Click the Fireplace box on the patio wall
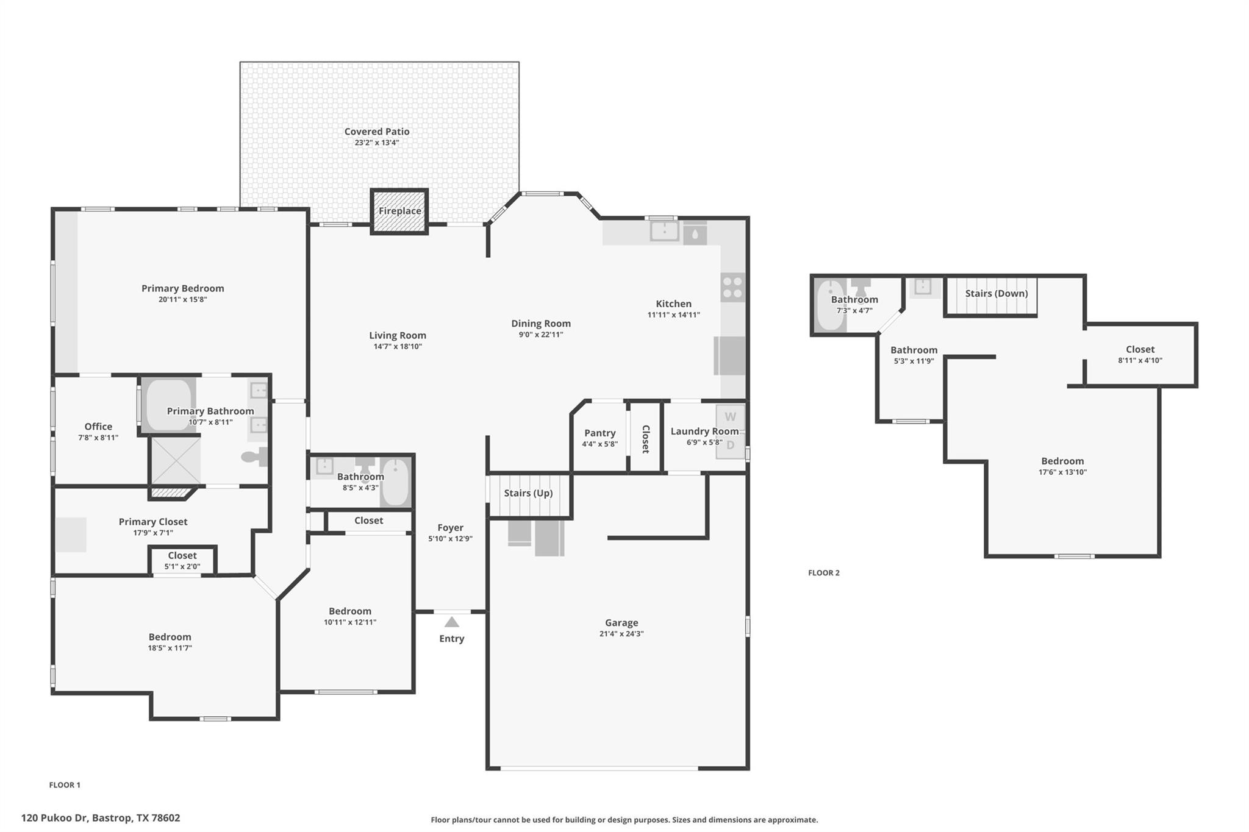(x=399, y=211)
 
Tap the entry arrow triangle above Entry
(x=451, y=622)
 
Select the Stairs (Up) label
(x=528, y=493)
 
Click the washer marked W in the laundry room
(x=730, y=418)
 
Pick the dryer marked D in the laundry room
(x=730, y=446)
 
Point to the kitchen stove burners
(x=732, y=288)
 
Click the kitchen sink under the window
(x=664, y=231)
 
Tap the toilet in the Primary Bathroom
(x=254, y=457)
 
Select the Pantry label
(x=599, y=433)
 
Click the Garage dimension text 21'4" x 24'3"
(x=621, y=634)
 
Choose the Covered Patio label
(x=377, y=131)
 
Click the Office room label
(x=98, y=427)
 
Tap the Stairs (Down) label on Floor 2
(x=997, y=293)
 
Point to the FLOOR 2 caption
(x=824, y=573)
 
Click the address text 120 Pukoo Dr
(x=55, y=818)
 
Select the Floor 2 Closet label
(x=1140, y=349)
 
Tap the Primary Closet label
(x=153, y=522)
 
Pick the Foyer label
(x=450, y=528)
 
